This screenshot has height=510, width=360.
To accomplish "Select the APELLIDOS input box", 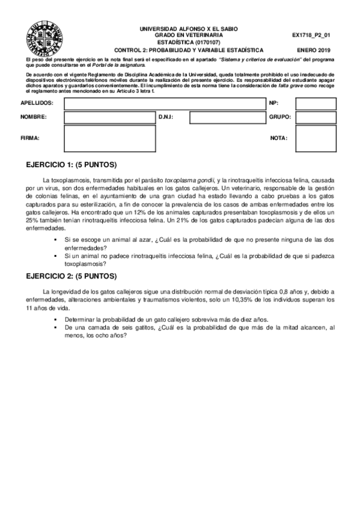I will [x=163, y=103].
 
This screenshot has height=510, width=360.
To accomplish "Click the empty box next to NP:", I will [x=316, y=103].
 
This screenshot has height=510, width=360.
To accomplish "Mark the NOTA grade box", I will [x=316, y=139].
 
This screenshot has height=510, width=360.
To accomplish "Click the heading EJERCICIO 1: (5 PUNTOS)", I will [x=72, y=165].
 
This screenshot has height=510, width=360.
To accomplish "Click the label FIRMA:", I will [x=29, y=138].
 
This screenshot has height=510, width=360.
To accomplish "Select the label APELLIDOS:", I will [x=36, y=103].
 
